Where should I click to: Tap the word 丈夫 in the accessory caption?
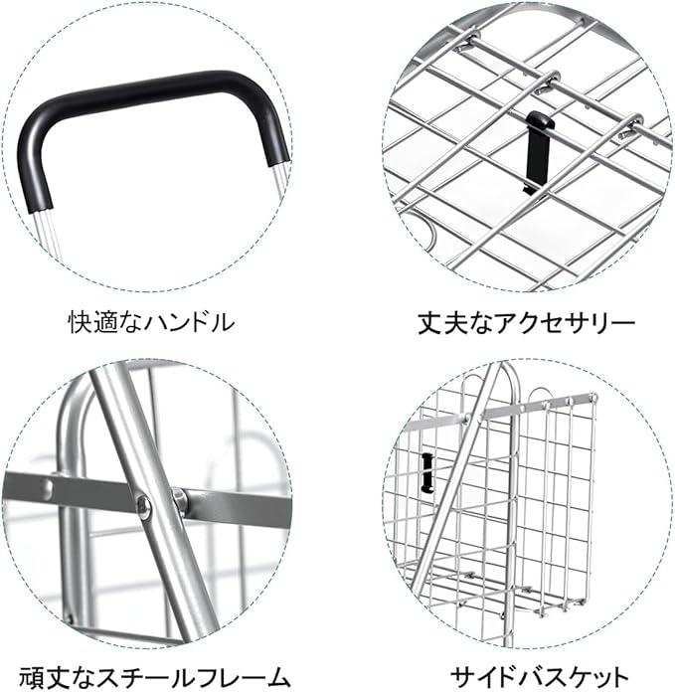click(437, 322)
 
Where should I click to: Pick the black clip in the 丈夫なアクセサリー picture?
click(534, 149)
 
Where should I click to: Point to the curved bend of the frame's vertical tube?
click(77, 408)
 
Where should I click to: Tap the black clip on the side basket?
click(428, 472)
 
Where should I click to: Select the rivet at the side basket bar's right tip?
click(592, 398)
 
